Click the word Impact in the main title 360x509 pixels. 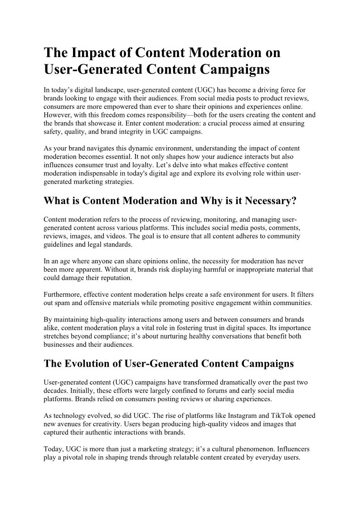click(92, 53)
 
